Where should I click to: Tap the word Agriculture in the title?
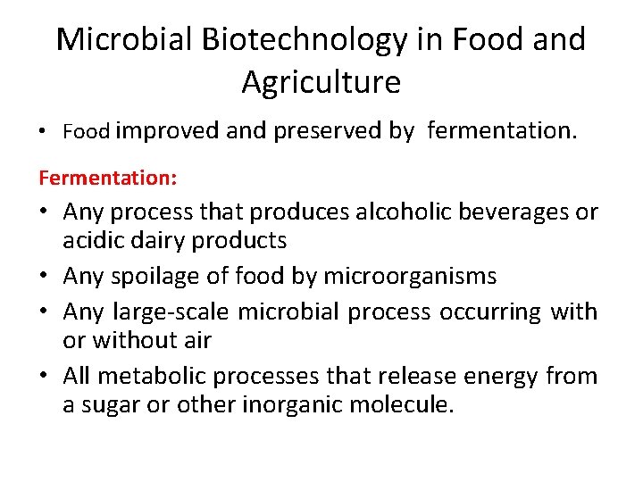pyautogui.click(x=321, y=82)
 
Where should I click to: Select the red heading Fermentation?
pyautogui.click(x=107, y=178)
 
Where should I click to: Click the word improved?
pyautogui.click(x=168, y=131)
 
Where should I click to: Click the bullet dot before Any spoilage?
pyautogui.click(x=46, y=277)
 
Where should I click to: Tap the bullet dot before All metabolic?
pyautogui.click(x=46, y=377)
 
